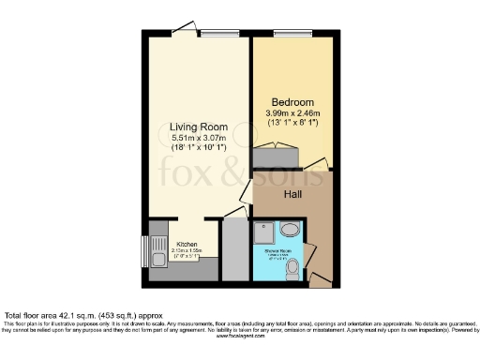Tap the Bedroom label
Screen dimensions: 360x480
point(292,101)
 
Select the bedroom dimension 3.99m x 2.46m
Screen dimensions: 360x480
point(293,113)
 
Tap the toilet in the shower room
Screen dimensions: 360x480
point(293,268)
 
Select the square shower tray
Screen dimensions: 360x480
point(266,232)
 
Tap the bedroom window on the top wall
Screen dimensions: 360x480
point(285,35)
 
